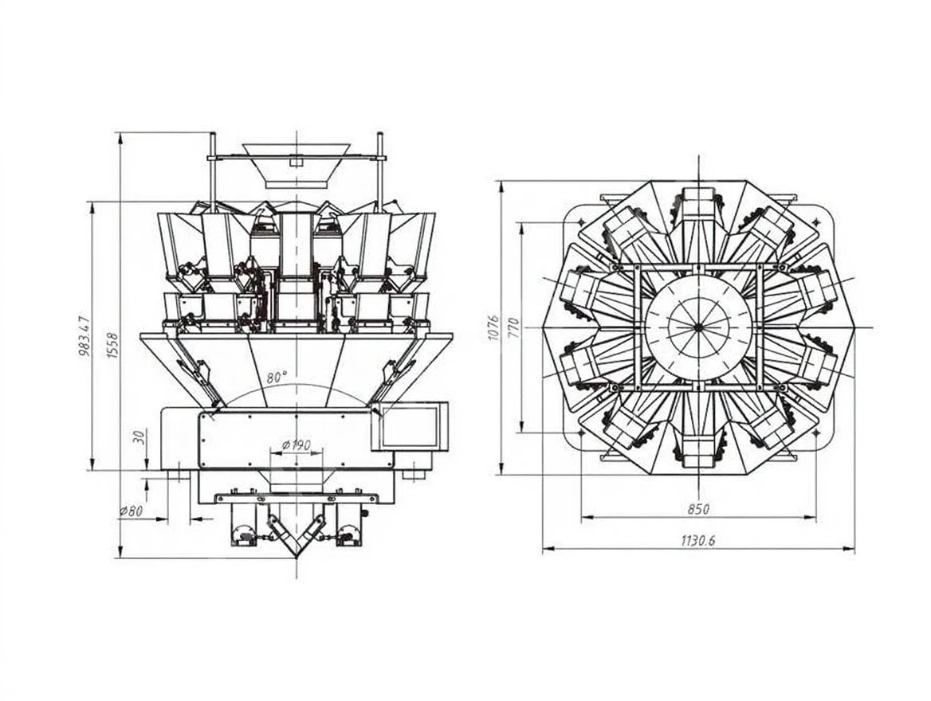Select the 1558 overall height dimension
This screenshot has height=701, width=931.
click(x=112, y=345)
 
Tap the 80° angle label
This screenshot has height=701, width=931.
click(x=277, y=377)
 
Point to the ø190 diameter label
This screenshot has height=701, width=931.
click(x=297, y=445)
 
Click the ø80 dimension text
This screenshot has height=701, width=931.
click(x=131, y=511)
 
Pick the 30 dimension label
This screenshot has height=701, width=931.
click(x=139, y=438)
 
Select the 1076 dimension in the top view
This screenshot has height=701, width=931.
click(x=493, y=327)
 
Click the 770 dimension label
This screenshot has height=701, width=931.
click(x=513, y=327)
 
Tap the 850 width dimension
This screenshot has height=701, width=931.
click(x=698, y=509)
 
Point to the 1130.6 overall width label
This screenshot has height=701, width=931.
click(x=698, y=540)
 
